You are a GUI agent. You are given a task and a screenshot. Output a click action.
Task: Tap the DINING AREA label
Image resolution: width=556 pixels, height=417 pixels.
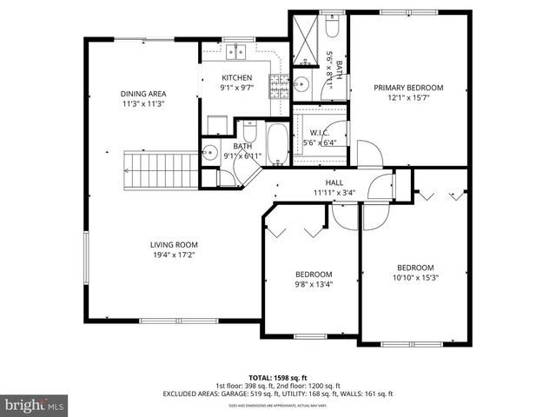click(x=143, y=94)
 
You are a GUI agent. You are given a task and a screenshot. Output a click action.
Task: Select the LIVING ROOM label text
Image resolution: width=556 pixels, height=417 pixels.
click(x=174, y=245)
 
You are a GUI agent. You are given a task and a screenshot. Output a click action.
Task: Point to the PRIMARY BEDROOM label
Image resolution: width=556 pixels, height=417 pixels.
click(x=408, y=87)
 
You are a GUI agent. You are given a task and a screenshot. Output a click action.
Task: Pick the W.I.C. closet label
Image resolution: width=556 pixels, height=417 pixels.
click(x=318, y=133)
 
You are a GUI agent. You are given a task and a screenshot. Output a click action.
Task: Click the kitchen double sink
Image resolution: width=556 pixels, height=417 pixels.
click(x=235, y=53)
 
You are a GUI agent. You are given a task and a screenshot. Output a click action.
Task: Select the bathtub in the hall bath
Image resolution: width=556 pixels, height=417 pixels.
click(x=277, y=144)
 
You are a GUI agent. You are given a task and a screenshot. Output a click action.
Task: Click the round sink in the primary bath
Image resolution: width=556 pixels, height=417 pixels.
click(x=301, y=85)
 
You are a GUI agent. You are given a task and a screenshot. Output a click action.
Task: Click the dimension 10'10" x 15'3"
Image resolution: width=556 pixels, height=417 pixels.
click(x=415, y=278)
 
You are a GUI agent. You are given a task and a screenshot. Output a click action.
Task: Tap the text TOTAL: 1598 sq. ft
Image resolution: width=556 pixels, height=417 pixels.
click(x=278, y=378)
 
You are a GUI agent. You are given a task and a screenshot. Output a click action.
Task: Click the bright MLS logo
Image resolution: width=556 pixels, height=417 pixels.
click(x=35, y=405)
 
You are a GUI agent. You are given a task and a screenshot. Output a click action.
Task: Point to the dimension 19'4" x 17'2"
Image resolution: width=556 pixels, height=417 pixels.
click(x=174, y=255)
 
